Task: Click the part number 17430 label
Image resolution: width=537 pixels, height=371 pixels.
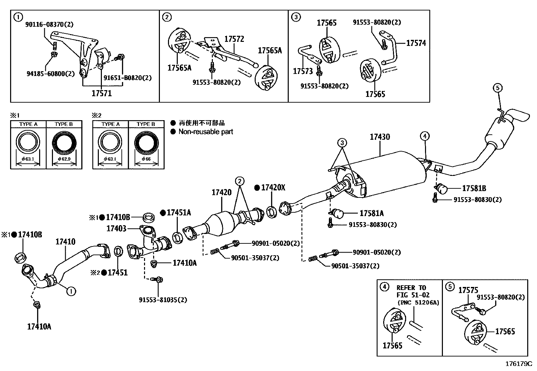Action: coord(379,137)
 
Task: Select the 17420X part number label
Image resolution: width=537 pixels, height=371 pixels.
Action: coord(273,188)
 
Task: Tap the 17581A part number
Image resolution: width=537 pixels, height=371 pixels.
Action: coord(371,213)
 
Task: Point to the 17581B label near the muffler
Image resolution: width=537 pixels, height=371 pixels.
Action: coord(474,188)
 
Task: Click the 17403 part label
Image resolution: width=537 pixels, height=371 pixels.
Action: coord(116,229)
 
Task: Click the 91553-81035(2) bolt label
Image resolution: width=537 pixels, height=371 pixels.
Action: coord(163,300)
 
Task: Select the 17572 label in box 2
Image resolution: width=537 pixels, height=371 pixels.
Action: coord(234,39)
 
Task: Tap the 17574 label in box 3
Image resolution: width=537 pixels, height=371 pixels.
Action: coord(416,43)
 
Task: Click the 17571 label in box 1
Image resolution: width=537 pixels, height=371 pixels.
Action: coord(102,93)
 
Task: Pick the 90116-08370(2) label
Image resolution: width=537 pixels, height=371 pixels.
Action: coord(49,24)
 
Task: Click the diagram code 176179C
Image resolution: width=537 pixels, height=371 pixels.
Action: coord(518,364)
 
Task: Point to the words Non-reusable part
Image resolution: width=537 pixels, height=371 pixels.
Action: coord(206,132)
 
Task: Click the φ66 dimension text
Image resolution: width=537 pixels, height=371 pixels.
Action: coord(146,159)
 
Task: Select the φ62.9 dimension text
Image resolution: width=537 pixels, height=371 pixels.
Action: coord(64,159)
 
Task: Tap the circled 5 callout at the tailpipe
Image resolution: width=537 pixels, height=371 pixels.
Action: coord(498,88)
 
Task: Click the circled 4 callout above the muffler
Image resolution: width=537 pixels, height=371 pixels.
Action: coord(425,136)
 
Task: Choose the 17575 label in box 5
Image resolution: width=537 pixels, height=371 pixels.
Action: coord(468,290)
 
